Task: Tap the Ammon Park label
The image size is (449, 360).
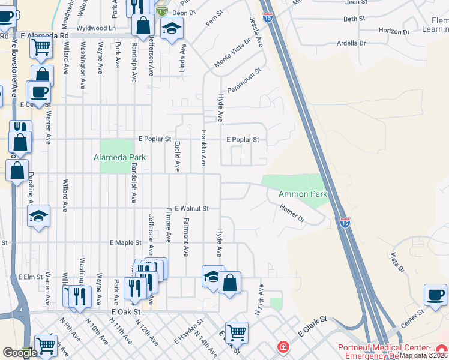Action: click(303, 194)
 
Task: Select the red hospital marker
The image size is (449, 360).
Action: click(283, 347)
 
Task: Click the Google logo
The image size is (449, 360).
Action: click(19, 353)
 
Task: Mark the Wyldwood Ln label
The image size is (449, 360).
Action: click(95, 28)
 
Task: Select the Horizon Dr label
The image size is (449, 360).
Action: click(394, 31)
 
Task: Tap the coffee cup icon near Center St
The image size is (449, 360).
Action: click(435, 294)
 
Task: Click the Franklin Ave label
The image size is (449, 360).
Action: click(203, 148)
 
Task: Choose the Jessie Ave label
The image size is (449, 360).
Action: click(256, 31)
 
